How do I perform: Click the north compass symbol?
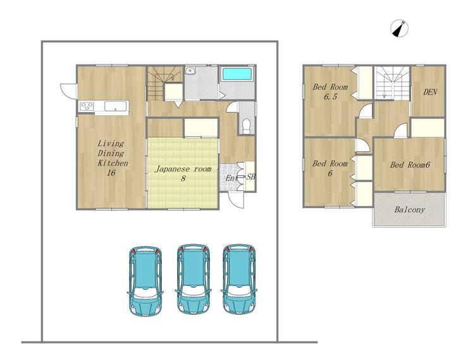click(x=399, y=28)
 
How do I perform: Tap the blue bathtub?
click(x=237, y=74)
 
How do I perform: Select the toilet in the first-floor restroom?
click(x=247, y=127)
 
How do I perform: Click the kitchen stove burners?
click(x=87, y=106)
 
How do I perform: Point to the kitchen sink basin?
click(x=116, y=106)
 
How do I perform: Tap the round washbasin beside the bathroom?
click(x=190, y=71)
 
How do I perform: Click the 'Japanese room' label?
click(x=183, y=169)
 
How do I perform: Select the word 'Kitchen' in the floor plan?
click(x=113, y=163)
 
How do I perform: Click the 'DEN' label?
click(x=430, y=92)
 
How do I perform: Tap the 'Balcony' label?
click(x=410, y=209)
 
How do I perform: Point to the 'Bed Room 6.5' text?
click(x=330, y=91)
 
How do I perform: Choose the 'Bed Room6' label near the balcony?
click(x=410, y=164)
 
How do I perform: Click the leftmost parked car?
click(x=145, y=281)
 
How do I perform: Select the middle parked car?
click(x=193, y=279)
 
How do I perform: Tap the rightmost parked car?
click(x=239, y=279)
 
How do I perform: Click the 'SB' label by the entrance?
click(x=250, y=177)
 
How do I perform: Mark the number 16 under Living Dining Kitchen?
click(x=111, y=173)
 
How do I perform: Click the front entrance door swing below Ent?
click(x=236, y=200)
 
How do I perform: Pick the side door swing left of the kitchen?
click(x=69, y=90)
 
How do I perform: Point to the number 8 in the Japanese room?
click(x=183, y=178)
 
